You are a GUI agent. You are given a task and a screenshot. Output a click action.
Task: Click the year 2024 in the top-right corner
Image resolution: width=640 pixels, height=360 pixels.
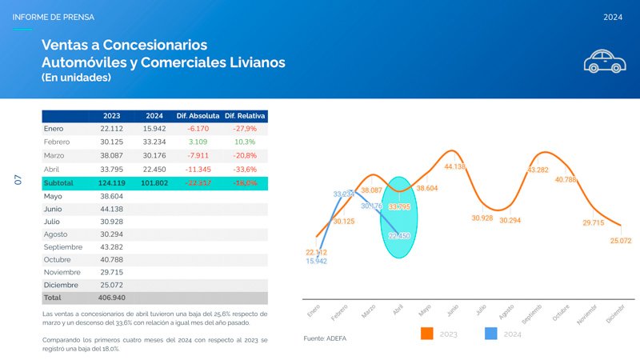pos(614,17)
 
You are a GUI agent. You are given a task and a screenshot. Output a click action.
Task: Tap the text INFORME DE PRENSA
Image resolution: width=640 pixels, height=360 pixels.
pos(54,17)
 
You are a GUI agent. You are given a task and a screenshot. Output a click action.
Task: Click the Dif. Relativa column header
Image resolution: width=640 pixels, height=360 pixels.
pos(245,116)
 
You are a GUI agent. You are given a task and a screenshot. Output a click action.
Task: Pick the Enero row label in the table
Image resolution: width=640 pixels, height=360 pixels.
pos(54,129)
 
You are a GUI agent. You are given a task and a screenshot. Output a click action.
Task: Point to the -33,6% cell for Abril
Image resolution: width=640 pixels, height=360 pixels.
pos(244,169)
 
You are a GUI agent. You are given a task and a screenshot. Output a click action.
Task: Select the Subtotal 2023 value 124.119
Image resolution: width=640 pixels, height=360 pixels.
pos(111,183)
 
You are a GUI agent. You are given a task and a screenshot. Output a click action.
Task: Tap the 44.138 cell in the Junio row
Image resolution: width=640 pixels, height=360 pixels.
pos(111,210)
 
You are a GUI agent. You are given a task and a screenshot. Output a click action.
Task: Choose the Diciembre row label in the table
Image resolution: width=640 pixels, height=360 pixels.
pos(62,284)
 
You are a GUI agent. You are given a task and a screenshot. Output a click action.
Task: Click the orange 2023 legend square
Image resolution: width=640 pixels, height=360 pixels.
pos(427,334)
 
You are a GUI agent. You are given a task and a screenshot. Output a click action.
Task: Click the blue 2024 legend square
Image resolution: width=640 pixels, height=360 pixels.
pos(492,334)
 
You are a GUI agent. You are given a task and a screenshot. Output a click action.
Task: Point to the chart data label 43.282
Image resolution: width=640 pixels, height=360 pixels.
pos(538,170)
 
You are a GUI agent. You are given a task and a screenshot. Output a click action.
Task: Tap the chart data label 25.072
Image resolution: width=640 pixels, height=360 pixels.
pos(621,240)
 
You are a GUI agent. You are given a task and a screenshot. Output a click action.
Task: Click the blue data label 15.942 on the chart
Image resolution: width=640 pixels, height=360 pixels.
pos(316,262)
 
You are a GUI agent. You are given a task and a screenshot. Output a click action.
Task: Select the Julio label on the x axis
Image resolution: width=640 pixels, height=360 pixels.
pos(480,309)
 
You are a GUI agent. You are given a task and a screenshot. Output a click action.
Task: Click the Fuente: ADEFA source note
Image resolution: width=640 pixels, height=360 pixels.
pos(324,339)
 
